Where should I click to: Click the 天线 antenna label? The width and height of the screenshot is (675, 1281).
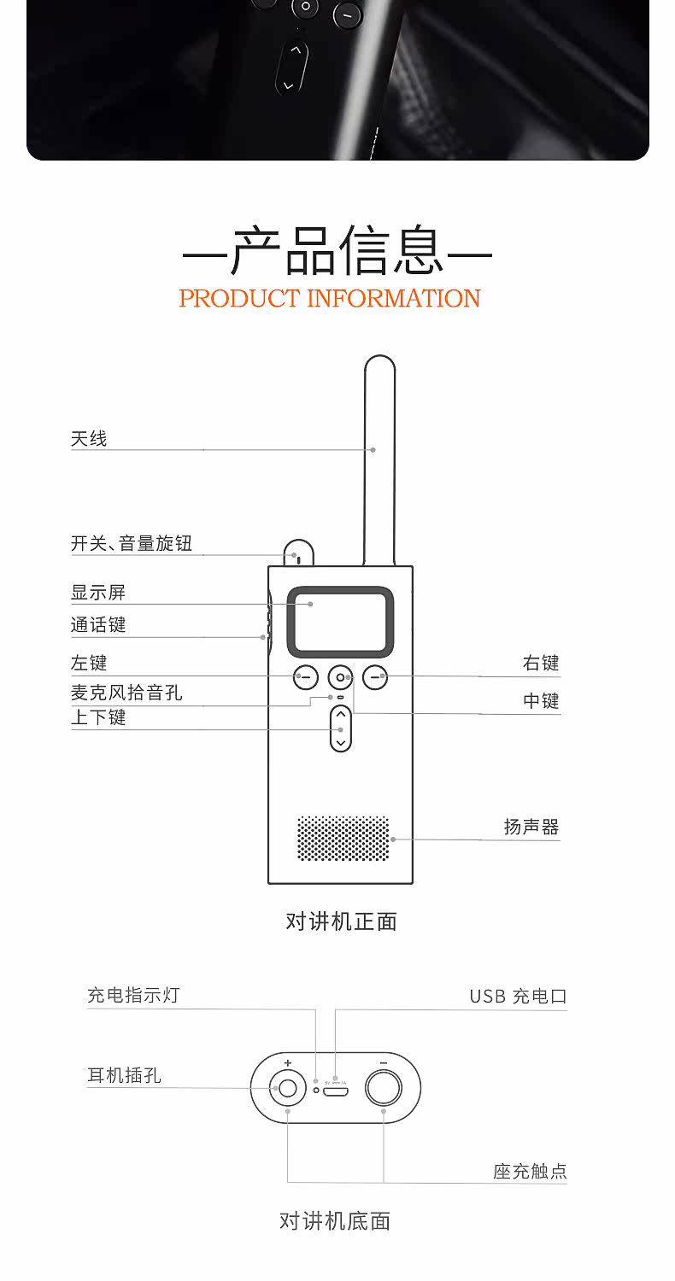tap(89, 439)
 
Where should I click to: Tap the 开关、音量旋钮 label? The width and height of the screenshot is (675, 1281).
tap(132, 543)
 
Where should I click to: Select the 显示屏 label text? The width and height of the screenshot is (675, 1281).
tap(98, 593)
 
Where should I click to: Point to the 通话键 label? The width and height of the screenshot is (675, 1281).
tap(98, 625)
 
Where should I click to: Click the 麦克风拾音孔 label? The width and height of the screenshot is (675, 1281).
tap(126, 693)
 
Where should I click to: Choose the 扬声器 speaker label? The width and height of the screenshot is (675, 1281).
tap(531, 827)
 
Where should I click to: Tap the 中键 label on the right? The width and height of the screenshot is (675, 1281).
tap(541, 701)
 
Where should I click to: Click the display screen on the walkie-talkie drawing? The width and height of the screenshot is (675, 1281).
tap(340, 621)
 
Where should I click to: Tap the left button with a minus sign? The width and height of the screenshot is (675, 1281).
tap(305, 677)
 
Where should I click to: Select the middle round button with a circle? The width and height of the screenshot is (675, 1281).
tap(341, 677)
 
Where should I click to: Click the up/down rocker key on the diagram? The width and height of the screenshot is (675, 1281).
tap(341, 728)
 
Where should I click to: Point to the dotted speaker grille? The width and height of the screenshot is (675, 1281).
tap(343, 838)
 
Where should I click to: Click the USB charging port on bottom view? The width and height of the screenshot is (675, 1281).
tap(337, 1090)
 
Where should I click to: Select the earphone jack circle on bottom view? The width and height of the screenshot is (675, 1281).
tap(288, 1088)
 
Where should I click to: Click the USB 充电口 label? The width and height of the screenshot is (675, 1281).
tap(518, 997)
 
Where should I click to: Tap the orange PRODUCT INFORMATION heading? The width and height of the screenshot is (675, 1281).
tap(330, 298)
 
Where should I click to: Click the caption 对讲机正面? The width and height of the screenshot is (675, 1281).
tap(341, 921)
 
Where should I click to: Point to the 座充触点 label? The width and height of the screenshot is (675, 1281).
tap(530, 1171)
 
